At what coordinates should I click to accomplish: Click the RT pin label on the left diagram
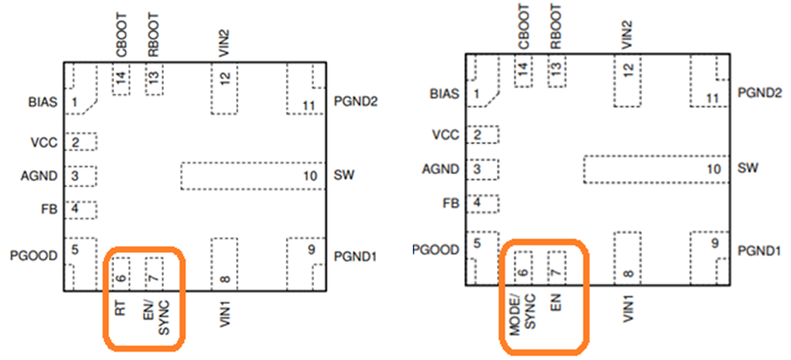120,310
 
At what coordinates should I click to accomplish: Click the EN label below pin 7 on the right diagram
556,305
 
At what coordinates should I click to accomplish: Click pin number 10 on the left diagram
310,177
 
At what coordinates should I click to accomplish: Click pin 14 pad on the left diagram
120,78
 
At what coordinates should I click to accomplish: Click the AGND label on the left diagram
39,177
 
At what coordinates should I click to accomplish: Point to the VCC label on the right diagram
445,135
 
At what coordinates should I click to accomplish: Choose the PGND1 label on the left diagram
355,256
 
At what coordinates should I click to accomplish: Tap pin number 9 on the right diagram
713,244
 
